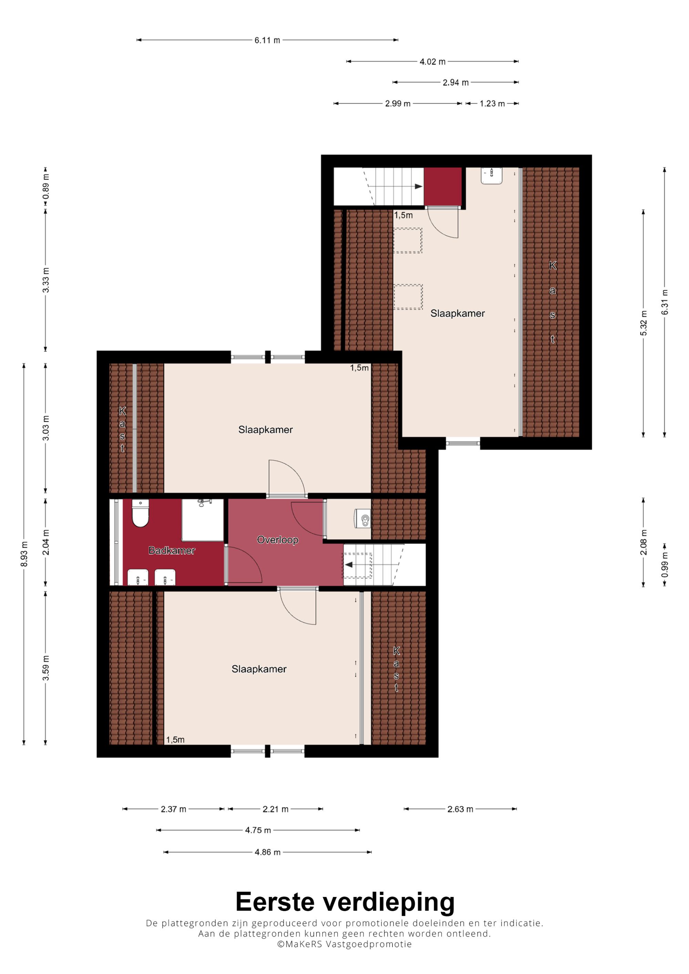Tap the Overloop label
click(x=278, y=540)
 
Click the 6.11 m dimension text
click(x=267, y=40)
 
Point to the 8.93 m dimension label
click(x=24, y=554)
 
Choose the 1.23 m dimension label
click(x=492, y=104)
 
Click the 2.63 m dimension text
click(x=460, y=809)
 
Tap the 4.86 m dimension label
click(x=267, y=852)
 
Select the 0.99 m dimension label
click(x=665, y=564)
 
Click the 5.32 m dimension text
click(x=644, y=323)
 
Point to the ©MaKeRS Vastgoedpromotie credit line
click(x=344, y=944)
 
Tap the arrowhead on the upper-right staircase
click(x=419, y=186)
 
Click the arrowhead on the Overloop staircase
click(x=349, y=565)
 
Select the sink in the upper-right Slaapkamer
click(x=492, y=176)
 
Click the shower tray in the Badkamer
click(x=203, y=520)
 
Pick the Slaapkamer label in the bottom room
click(x=259, y=669)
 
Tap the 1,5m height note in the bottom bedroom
click(x=175, y=740)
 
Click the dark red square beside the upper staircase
click(x=443, y=187)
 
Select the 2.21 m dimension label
click(x=276, y=809)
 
